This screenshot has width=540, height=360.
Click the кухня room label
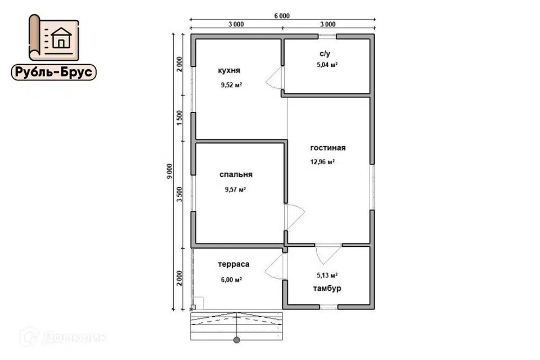click(x=229, y=71)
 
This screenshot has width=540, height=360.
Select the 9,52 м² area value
click(x=231, y=85)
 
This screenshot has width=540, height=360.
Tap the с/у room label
click(x=325, y=54)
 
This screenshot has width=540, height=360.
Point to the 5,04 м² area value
click(x=327, y=65)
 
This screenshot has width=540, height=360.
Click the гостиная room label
click(x=328, y=148)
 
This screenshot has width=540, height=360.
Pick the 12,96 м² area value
click(x=322, y=162)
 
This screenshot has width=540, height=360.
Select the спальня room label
click(x=236, y=175)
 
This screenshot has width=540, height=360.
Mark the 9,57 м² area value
click(x=235, y=190)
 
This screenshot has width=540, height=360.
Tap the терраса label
click(x=233, y=264)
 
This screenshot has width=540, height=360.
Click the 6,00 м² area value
click(x=231, y=280)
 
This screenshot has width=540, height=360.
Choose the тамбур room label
click(x=327, y=289)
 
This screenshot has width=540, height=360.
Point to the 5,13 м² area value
click(x=327, y=275)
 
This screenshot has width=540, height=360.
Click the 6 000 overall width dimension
click(x=282, y=16)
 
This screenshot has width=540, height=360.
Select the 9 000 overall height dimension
click(x=169, y=171)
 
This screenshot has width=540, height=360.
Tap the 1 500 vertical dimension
click(x=179, y=118)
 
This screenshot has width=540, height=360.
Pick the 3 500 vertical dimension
click(x=179, y=194)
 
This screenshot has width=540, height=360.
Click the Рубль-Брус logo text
click(x=54, y=72)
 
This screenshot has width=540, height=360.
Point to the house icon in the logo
click(x=61, y=38)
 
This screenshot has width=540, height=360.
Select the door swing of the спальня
click(x=295, y=217)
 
